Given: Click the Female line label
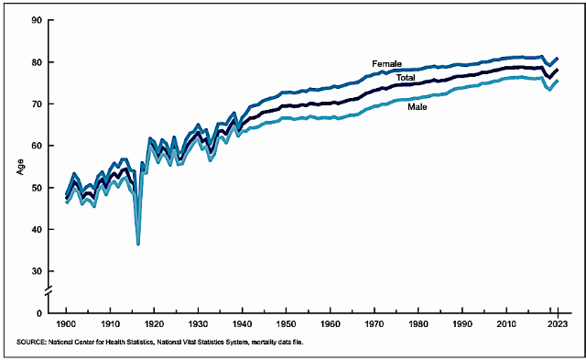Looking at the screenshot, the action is [x=386, y=64].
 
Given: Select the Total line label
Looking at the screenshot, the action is [x=406, y=78].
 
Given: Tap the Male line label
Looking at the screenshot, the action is [x=418, y=107].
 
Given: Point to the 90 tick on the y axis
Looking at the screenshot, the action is [x=37, y=20].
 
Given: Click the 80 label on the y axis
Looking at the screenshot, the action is [x=37, y=61].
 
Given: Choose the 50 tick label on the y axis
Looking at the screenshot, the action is [x=37, y=187].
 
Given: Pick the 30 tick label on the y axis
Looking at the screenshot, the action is [x=37, y=271].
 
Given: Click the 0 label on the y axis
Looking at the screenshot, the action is [x=39, y=313].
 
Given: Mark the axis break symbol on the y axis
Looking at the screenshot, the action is [x=49, y=291].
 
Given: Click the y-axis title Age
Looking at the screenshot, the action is [x=20, y=167].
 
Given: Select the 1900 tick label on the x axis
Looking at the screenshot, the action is [x=66, y=323].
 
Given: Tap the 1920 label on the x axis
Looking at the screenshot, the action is [x=154, y=323].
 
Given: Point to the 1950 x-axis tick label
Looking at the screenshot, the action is [x=286, y=323].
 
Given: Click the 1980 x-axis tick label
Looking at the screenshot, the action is [x=418, y=323].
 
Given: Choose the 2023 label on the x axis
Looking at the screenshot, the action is [x=558, y=323].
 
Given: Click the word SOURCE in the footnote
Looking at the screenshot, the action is [x=31, y=342].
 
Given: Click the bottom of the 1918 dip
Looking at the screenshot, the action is [x=138, y=244].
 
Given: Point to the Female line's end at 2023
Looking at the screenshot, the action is [x=558, y=59].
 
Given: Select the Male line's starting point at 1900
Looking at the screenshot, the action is [x=67, y=202].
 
